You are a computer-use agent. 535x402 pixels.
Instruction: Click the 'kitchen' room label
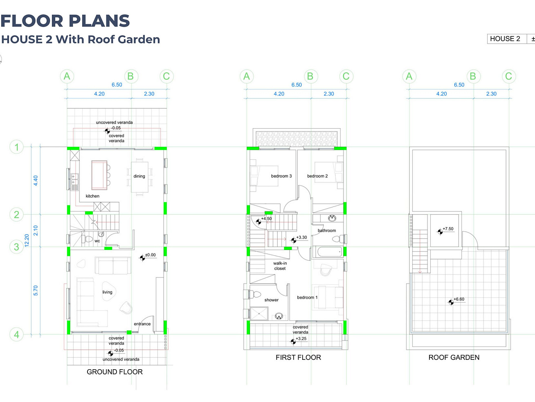tap(92, 196)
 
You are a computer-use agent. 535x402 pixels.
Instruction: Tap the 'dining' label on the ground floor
tap(139, 176)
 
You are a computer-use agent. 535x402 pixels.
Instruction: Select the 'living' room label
tap(107, 292)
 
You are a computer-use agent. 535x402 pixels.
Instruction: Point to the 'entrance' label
tap(142, 324)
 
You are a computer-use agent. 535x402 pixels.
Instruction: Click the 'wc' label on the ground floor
tap(97, 241)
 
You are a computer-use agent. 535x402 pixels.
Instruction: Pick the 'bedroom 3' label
tap(281, 176)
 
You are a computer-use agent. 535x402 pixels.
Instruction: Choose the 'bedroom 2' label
tap(317, 176)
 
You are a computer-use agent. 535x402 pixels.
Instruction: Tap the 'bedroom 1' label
tap(307, 297)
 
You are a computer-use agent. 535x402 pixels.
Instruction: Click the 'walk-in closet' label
tap(280, 266)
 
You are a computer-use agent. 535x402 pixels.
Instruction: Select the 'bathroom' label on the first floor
tap(327, 230)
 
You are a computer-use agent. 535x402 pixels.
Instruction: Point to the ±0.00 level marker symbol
tap(142, 258)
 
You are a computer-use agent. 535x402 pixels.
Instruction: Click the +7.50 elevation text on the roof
tap(448, 229)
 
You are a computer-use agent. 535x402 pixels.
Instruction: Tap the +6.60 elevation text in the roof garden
tap(459, 299)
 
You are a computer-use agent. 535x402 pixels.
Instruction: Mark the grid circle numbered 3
tap(16, 247)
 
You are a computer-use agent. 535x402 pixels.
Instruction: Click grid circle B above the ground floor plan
tap(131, 76)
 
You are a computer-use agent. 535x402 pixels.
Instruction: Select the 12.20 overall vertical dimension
tap(27, 241)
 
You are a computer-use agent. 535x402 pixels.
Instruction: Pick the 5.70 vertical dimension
tap(36, 291)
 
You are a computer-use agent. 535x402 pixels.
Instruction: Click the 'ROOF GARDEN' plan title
tap(454, 358)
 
